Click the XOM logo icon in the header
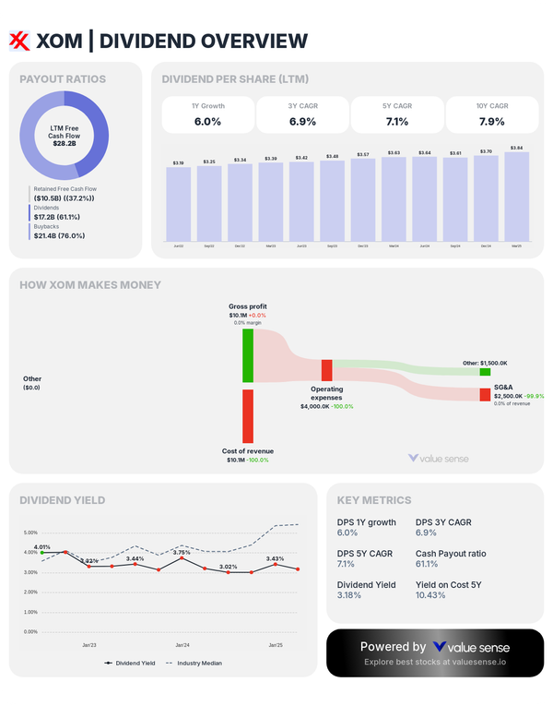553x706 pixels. pyautogui.click(x=19, y=40)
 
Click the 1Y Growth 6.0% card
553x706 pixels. pyautogui.click(x=207, y=115)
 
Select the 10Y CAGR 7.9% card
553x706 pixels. pyautogui.click(x=491, y=115)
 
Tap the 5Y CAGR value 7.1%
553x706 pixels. pyautogui.click(x=396, y=122)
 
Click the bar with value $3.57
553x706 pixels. pyautogui.click(x=363, y=197)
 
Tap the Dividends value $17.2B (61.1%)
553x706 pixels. pyautogui.click(x=57, y=216)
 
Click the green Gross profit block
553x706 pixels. pyautogui.click(x=248, y=355)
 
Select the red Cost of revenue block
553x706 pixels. pyautogui.click(x=248, y=415)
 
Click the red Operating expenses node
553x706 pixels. pyautogui.click(x=326, y=370)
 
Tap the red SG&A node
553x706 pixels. pyautogui.click(x=485, y=394)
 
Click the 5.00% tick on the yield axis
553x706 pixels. pyautogui.click(x=29, y=532)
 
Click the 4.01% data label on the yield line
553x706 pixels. pyautogui.click(x=42, y=547)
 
